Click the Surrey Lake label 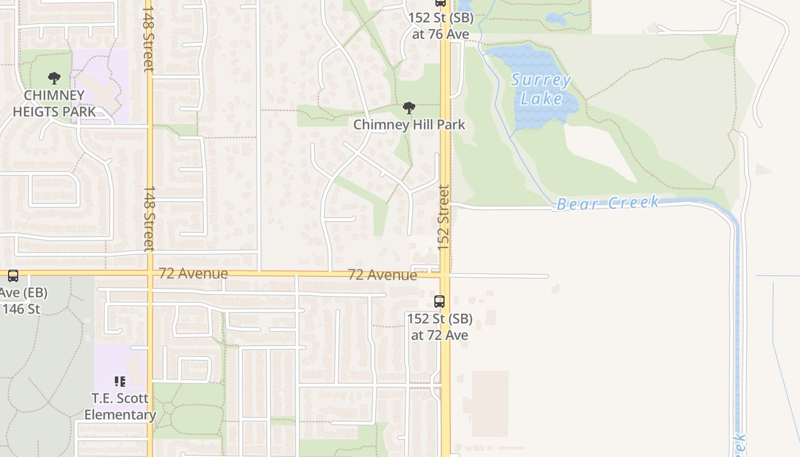click(541, 89)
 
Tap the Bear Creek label click(608, 203)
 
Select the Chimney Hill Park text click(409, 125)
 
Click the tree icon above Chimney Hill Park click(409, 108)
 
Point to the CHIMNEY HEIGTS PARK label click(54, 103)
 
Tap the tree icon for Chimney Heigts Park click(54, 78)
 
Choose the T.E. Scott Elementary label click(120, 406)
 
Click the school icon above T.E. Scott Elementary click(120, 381)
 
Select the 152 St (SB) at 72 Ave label click(439, 326)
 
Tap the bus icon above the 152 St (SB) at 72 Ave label click(439, 302)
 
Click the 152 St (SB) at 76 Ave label click(441, 26)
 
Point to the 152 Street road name click(444, 217)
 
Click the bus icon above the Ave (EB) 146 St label click(13, 276)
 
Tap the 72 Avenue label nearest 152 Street click(382, 275)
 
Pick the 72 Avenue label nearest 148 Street click(193, 274)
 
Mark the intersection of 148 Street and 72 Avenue click(150, 274)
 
